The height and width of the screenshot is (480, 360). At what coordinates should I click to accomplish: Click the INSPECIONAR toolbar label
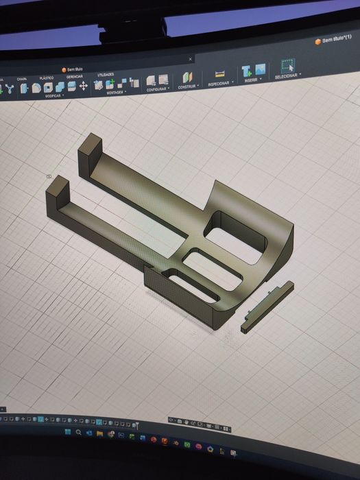tap(219, 84)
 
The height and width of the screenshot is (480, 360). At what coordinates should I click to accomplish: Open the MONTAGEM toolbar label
tap(113, 92)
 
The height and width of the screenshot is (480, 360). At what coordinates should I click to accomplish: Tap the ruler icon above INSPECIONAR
tap(220, 73)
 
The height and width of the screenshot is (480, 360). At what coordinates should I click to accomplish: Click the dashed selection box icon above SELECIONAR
tap(288, 66)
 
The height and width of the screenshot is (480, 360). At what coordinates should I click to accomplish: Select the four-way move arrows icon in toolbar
tap(84, 86)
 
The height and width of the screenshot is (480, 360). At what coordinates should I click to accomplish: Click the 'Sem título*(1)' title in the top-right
tap(337, 41)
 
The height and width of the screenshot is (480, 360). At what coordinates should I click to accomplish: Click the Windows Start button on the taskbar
tap(67, 433)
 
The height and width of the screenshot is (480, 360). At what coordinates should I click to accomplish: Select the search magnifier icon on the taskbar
tap(79, 433)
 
